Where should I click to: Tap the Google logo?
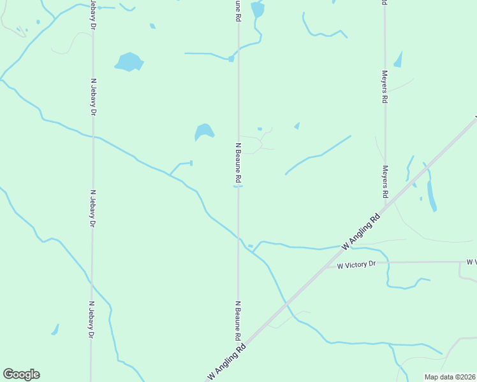tap(21, 374)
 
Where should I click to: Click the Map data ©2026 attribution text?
tap(449, 377)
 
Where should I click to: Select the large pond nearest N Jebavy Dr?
tap(129, 62)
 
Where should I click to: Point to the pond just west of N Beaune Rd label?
tap(203, 132)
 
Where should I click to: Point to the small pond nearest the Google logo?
tap(55, 330)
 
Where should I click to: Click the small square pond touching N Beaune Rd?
tap(231, 59)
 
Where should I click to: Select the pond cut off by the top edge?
tap(257, 9)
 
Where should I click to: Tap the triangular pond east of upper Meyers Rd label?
tap(399, 60)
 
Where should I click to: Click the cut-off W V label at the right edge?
tap(471, 262)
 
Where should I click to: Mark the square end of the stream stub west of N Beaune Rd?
tap(191, 163)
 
